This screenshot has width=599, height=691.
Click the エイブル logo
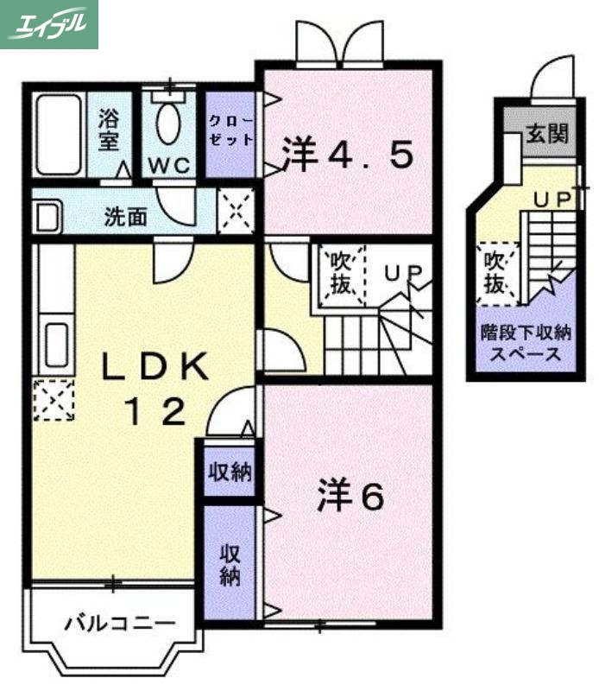49,24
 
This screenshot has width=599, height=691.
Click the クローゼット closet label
230,131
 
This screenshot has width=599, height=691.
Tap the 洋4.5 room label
347,155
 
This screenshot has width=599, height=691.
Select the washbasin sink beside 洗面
47,216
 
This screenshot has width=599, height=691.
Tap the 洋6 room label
349,496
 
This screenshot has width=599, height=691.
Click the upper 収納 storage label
229,472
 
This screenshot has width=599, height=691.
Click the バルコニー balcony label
120,622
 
